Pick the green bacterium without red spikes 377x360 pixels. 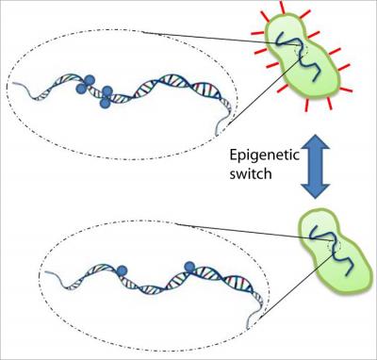click(x=320, y=248)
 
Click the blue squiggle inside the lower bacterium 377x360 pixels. click(x=320, y=245)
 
